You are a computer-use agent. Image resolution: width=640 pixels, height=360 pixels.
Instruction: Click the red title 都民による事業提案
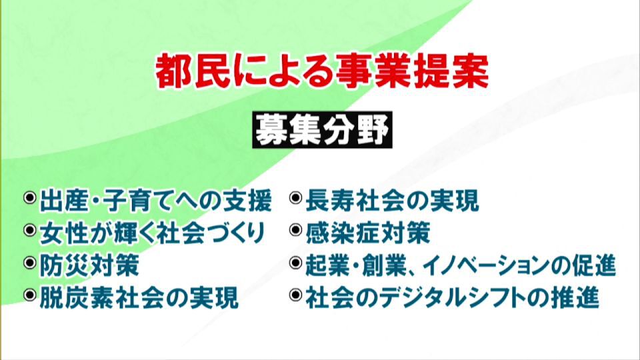(322, 71)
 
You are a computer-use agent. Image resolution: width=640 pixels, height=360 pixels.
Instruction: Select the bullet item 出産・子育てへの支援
(155, 199)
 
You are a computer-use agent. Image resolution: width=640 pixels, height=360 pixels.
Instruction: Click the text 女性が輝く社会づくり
(152, 233)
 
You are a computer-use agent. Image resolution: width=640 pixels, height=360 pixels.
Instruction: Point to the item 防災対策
(89, 265)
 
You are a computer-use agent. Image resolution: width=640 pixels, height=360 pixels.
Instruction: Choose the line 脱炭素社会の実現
(139, 298)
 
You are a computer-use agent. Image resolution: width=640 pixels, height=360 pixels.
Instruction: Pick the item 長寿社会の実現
(392, 199)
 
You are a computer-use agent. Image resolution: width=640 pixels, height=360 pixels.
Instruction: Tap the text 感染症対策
(367, 233)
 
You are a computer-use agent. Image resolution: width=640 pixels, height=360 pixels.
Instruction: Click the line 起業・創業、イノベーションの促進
(460, 265)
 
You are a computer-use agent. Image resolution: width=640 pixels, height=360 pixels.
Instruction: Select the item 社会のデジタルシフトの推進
(453, 298)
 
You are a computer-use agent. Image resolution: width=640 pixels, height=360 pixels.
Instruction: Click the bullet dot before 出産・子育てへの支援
(30, 198)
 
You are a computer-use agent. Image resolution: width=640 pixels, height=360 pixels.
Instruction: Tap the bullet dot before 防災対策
(30, 264)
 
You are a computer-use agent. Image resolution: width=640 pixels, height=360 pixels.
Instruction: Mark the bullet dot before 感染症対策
(296, 231)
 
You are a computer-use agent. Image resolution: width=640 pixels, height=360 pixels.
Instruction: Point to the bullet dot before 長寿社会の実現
(296, 198)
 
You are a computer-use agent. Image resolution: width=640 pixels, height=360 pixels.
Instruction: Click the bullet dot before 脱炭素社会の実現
(30, 297)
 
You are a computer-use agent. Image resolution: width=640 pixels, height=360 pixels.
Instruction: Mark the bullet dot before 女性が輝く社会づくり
(30, 231)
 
